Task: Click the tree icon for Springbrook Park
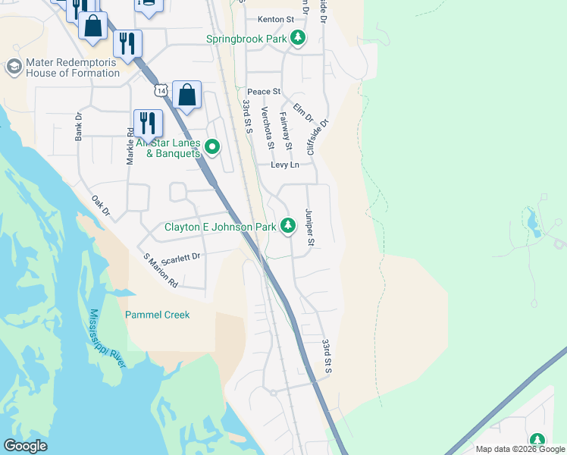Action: click(x=298, y=38)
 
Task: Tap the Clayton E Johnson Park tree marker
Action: click(x=288, y=225)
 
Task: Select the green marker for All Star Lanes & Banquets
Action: click(x=212, y=147)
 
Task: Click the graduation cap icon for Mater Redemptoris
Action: click(x=13, y=67)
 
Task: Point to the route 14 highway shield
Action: click(x=159, y=90)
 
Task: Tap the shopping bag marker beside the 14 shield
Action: click(x=187, y=96)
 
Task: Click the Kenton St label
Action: click(x=275, y=18)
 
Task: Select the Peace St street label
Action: click(x=263, y=92)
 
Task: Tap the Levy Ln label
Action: click(x=285, y=165)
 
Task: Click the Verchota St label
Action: click(x=266, y=127)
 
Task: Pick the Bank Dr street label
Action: click(x=78, y=127)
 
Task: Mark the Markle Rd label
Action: click(x=130, y=146)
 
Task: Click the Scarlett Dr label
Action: click(x=180, y=257)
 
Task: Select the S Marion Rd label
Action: click(x=161, y=271)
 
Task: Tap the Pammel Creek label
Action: click(x=157, y=315)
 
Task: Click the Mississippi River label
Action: click(x=106, y=338)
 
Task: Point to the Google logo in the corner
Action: click(x=25, y=446)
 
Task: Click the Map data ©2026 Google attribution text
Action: click(x=519, y=449)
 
